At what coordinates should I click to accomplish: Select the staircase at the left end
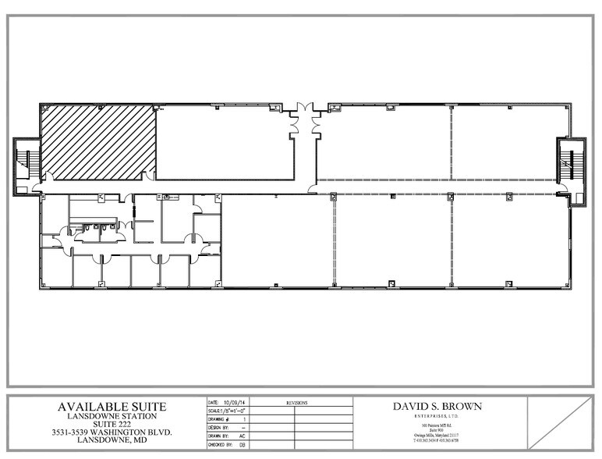tap(25, 165)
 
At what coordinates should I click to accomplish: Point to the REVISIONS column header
tap(296, 403)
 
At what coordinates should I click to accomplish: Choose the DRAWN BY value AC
tap(242, 436)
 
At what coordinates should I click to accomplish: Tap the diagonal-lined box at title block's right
tap(561, 422)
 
